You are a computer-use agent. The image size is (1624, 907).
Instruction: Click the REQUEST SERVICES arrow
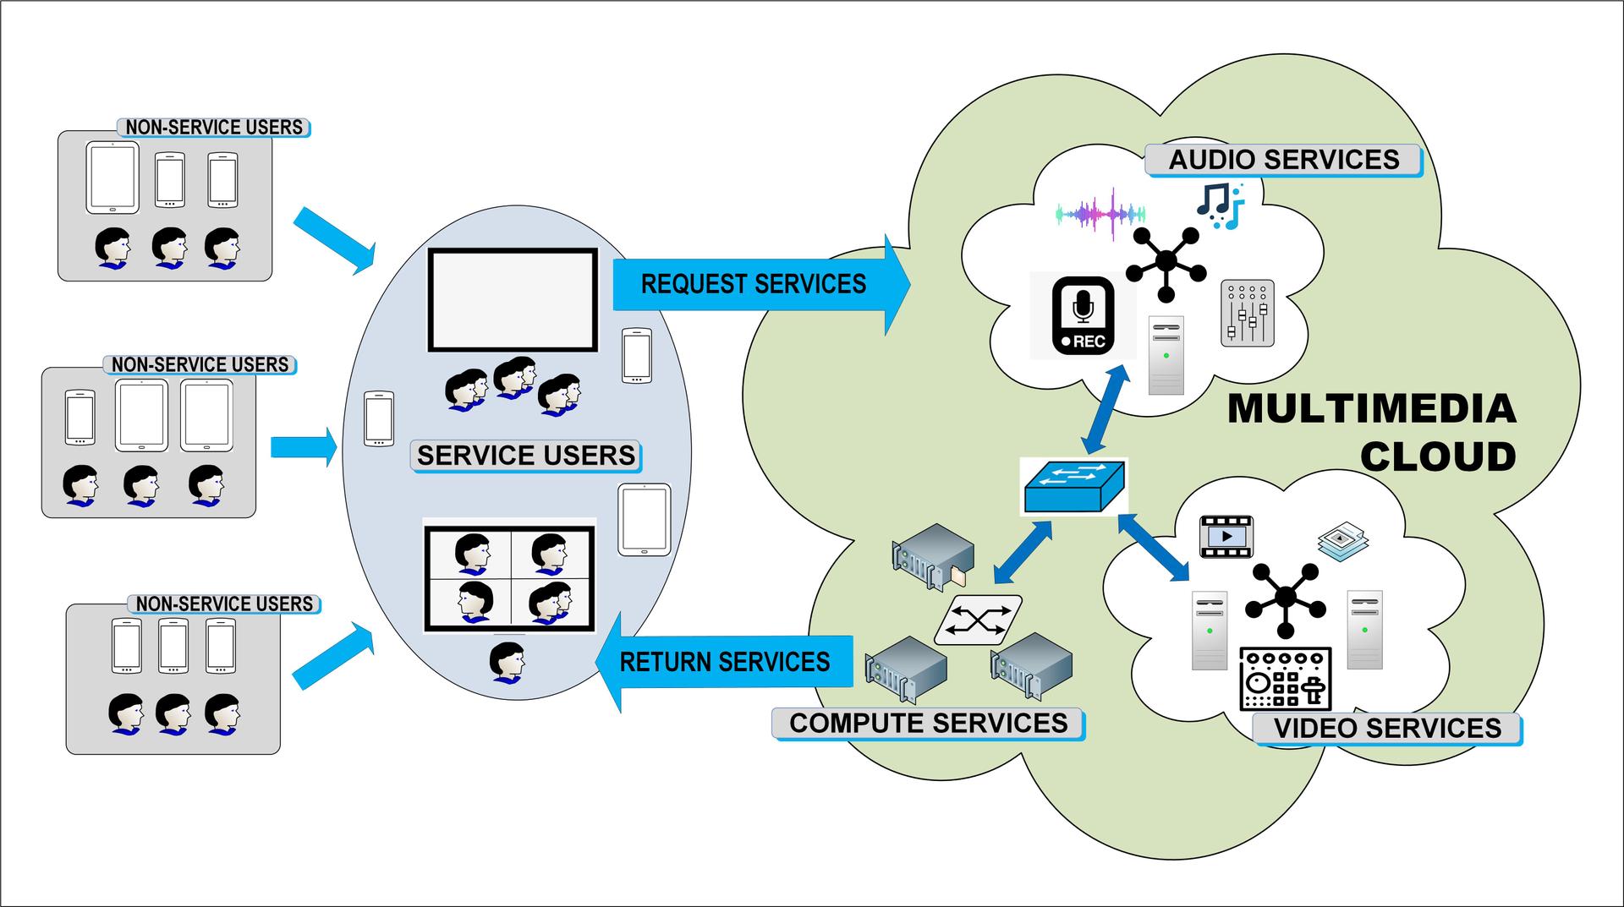[753, 285]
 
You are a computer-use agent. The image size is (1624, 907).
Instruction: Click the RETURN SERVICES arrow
[724, 662]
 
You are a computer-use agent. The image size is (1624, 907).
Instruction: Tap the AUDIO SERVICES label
[1283, 160]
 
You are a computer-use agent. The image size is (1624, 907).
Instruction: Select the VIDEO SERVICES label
[1386, 728]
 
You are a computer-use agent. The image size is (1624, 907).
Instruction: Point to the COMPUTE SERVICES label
[928, 724]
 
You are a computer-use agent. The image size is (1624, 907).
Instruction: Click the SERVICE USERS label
[525, 456]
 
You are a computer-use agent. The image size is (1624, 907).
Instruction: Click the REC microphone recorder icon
[1083, 315]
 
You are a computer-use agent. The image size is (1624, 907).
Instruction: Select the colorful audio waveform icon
[1100, 214]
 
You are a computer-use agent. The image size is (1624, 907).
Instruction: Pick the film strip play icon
[1226, 537]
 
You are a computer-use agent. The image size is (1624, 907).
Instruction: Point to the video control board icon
[1285, 679]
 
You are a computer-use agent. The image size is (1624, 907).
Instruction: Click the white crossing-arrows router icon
[978, 620]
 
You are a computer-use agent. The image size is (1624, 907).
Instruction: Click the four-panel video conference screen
[509, 579]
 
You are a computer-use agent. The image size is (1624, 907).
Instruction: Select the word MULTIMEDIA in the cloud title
[1371, 410]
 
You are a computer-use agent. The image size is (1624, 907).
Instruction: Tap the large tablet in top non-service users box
[112, 178]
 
